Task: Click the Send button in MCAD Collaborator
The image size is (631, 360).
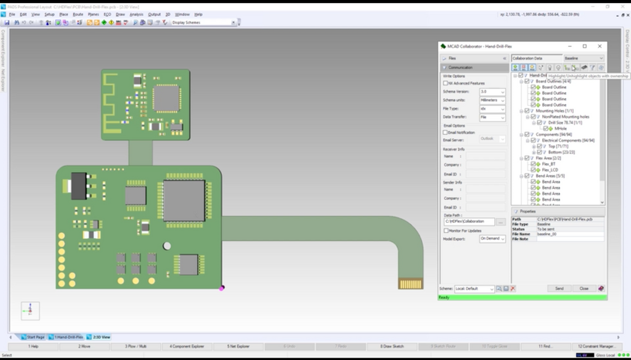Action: pyautogui.click(x=559, y=288)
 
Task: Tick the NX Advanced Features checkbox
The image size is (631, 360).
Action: pyautogui.click(x=446, y=83)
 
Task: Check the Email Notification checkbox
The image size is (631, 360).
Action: pyautogui.click(x=446, y=133)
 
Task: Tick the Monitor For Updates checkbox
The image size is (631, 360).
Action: pyautogui.click(x=446, y=231)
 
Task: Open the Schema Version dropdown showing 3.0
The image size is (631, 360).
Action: pyautogui.click(x=492, y=92)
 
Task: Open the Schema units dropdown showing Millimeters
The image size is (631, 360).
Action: pyautogui.click(x=492, y=100)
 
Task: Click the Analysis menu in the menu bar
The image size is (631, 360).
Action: pyautogui.click(x=136, y=14)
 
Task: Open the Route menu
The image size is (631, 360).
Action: pyautogui.click(x=78, y=14)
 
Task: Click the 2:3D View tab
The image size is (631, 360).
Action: pyautogui.click(x=102, y=337)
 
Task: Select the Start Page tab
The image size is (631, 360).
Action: pyautogui.click(x=35, y=337)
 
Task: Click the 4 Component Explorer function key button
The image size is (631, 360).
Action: pyautogui.click(x=188, y=346)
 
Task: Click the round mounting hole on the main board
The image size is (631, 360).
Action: pyautogui.click(x=167, y=246)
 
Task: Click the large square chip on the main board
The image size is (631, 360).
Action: pyautogui.click(x=184, y=201)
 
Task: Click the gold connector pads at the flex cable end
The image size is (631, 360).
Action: pyautogui.click(x=410, y=284)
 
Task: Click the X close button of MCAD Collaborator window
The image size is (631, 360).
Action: pyautogui.click(x=600, y=46)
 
